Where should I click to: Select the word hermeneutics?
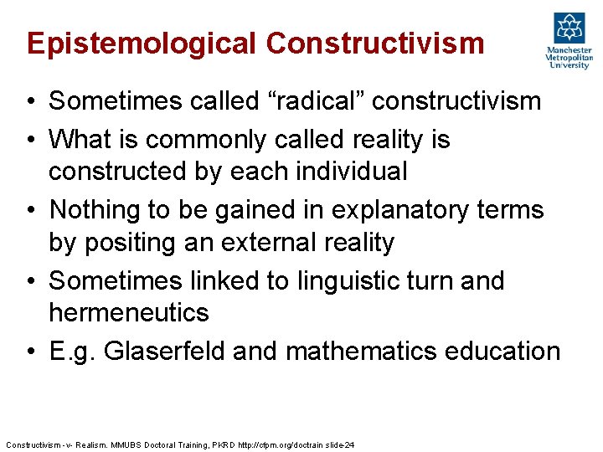[129, 313]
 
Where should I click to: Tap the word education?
[502, 352]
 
